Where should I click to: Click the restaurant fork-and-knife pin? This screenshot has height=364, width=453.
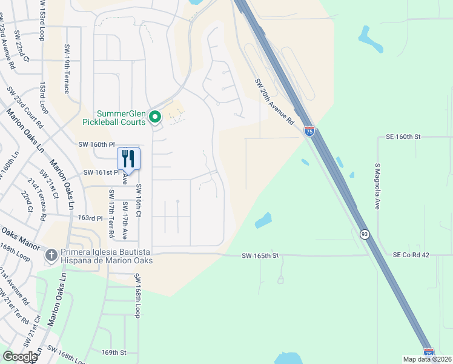[128, 159]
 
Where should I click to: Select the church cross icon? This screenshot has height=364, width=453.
[53, 255]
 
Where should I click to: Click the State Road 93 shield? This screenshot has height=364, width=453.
[364, 235]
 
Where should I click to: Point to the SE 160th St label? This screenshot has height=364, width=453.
[403, 138]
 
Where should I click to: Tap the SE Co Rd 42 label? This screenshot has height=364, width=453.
[411, 255]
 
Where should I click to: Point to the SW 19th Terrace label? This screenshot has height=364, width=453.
[66, 68]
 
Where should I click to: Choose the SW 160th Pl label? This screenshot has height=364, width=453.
[96, 144]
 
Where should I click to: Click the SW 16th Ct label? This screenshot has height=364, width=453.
[139, 201]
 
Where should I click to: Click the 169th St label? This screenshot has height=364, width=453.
[114, 352]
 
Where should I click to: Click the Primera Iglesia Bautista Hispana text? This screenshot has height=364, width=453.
[106, 256]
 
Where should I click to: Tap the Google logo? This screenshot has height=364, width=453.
[20, 357]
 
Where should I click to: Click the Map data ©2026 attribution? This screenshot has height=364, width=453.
[428, 359]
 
